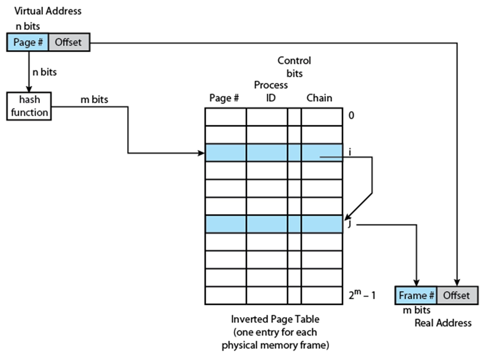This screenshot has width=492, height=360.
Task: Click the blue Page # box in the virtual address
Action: (x=28, y=43)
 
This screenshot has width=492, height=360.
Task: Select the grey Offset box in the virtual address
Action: (x=69, y=43)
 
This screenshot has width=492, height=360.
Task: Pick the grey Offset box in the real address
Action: (x=456, y=295)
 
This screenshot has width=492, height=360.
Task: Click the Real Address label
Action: (x=443, y=323)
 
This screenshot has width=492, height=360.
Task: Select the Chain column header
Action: (x=319, y=98)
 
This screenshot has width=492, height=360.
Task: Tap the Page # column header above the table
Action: (x=224, y=98)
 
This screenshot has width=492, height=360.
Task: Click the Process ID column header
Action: (x=271, y=91)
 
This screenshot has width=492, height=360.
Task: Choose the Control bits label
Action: (x=294, y=67)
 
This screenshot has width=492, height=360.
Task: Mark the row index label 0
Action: (x=352, y=116)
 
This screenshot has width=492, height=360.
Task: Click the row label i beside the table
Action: (x=350, y=152)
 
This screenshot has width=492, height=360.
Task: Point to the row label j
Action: (x=349, y=224)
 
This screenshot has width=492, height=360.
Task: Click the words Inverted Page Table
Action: (x=275, y=319)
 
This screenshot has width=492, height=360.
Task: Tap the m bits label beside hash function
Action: (x=94, y=100)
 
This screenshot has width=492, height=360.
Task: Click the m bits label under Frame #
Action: (x=417, y=310)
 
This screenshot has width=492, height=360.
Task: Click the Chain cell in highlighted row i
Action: (x=321, y=153)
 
